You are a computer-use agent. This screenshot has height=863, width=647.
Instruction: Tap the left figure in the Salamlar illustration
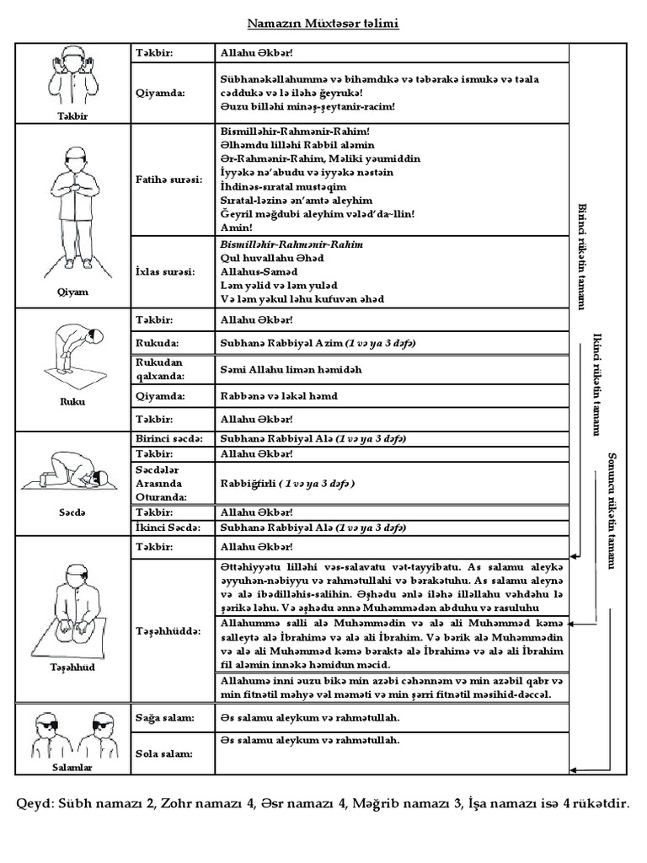pos(48,735)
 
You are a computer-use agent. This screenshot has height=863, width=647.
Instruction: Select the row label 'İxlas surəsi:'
pos(166,271)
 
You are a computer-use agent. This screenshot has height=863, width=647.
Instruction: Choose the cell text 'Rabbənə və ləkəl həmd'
pos(279,395)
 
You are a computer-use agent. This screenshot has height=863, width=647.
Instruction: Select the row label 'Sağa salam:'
pos(164,717)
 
